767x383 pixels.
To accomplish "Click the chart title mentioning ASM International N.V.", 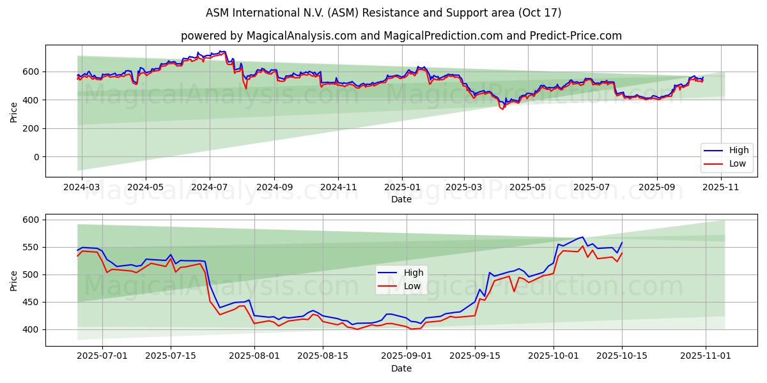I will coord(383,13).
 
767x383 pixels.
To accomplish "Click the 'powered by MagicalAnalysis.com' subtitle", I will coord(401,36).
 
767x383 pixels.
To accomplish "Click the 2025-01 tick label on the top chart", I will coord(402,188).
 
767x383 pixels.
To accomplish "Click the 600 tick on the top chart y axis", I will coord(31,71).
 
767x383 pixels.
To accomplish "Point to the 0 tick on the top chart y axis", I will coord(36,157).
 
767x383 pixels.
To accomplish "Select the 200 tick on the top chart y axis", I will coord(31,128).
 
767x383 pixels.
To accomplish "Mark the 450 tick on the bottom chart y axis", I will coord(31,302).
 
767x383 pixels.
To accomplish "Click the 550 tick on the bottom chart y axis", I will coord(31,247).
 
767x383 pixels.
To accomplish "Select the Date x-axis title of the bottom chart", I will coord(401,368).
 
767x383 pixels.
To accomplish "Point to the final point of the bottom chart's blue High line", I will coord(622,243).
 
